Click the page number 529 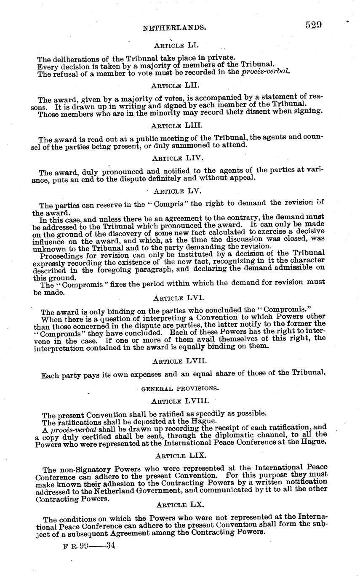coord(314,25)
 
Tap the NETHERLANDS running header coord(174,28)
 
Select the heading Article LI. coord(174,45)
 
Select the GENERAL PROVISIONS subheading coord(179,388)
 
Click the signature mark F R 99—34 coord(89,546)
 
